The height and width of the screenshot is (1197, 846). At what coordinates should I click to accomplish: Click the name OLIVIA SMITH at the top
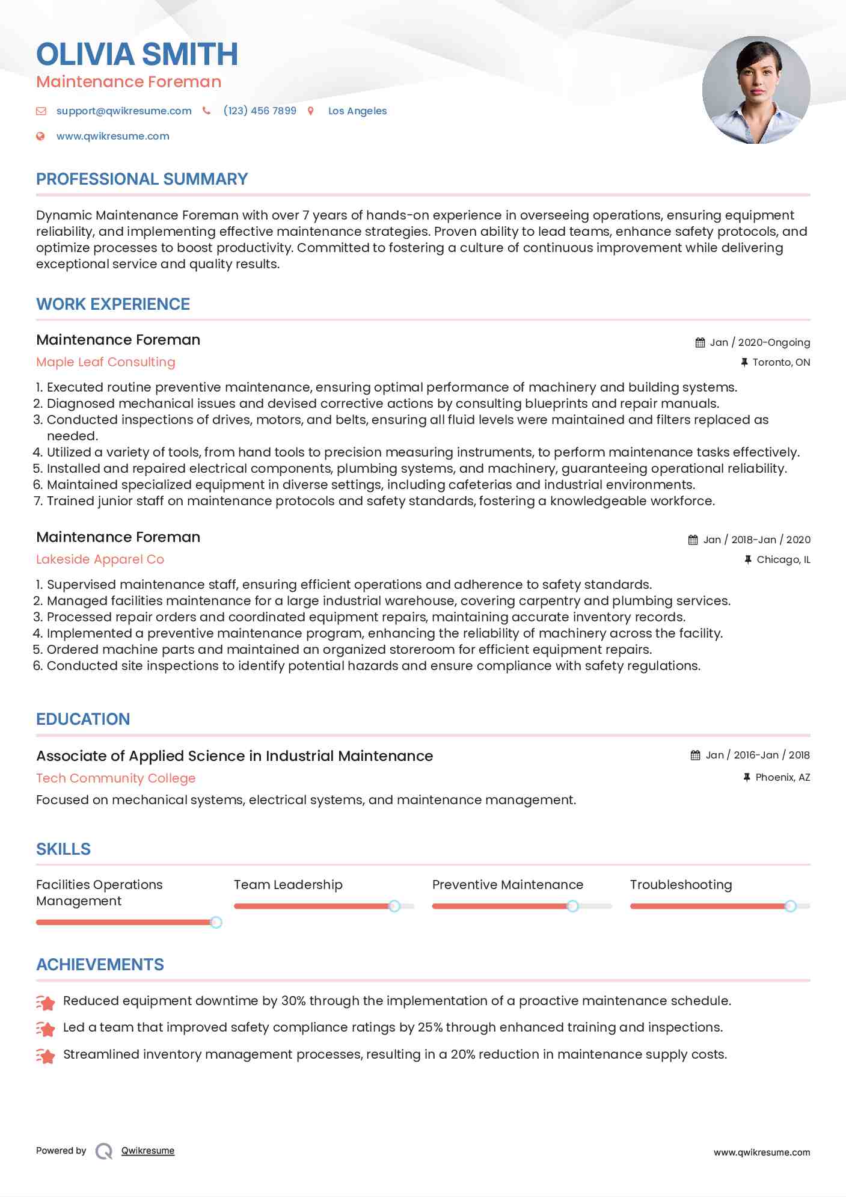137,54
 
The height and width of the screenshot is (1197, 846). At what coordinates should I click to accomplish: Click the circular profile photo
756,90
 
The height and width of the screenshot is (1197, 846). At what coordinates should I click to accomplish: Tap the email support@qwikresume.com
124,111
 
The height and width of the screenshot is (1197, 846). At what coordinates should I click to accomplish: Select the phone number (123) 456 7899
260,111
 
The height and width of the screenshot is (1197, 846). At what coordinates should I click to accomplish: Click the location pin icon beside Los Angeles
311,111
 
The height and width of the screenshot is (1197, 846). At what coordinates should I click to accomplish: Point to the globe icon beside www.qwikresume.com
40,136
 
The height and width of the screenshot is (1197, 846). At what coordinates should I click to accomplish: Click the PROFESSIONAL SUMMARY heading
142,179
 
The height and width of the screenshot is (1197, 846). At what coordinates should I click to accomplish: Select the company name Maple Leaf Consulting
106,362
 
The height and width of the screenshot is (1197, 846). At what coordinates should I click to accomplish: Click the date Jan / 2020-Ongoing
759,342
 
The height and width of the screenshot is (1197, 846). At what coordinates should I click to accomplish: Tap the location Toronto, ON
781,362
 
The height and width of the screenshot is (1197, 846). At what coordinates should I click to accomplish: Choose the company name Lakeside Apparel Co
100,559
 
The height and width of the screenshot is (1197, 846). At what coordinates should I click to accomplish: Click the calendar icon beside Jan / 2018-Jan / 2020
693,540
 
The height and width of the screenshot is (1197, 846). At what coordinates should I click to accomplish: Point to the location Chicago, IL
783,559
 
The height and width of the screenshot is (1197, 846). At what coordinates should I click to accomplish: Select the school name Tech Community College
116,778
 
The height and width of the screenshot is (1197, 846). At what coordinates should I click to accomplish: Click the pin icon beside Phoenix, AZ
747,777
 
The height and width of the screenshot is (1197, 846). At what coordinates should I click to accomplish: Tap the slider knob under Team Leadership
394,906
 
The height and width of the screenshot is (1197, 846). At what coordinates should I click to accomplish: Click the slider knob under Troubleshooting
791,906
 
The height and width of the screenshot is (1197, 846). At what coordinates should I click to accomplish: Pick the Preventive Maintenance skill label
507,885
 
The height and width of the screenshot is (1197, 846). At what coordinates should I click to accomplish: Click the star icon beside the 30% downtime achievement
46,1002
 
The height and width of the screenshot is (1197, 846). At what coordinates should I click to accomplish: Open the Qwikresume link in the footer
148,1151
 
